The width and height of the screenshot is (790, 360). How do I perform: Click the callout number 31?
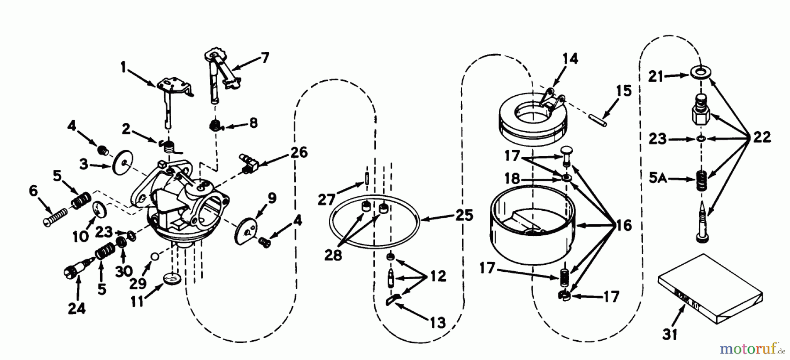pyautogui.click(x=670, y=335)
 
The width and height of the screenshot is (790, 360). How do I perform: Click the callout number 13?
pyautogui.click(x=437, y=323)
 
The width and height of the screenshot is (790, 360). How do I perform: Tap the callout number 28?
pyautogui.click(x=333, y=255)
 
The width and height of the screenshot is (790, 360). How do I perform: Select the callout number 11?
pyautogui.click(x=137, y=302)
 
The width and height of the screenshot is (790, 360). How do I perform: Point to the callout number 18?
pyautogui.click(x=512, y=179)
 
